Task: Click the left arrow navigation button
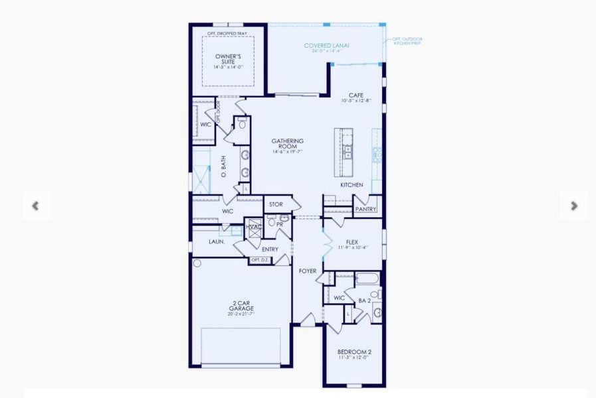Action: click(36, 206)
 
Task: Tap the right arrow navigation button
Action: click(573, 206)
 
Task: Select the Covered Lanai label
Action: click(327, 46)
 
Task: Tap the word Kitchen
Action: click(351, 184)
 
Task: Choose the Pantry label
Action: click(365, 209)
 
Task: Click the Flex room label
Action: click(352, 243)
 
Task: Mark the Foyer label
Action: click(307, 271)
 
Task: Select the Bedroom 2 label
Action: click(353, 352)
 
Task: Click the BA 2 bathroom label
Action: click(364, 300)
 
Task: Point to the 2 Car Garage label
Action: click(241, 306)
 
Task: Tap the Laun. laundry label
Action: click(217, 242)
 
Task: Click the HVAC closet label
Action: click(254, 228)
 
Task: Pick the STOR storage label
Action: click(276, 204)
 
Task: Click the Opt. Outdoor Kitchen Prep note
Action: click(407, 41)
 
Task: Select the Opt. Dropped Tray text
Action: click(228, 33)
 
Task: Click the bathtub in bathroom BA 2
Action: click(367, 279)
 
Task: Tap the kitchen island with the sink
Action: click(346, 153)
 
